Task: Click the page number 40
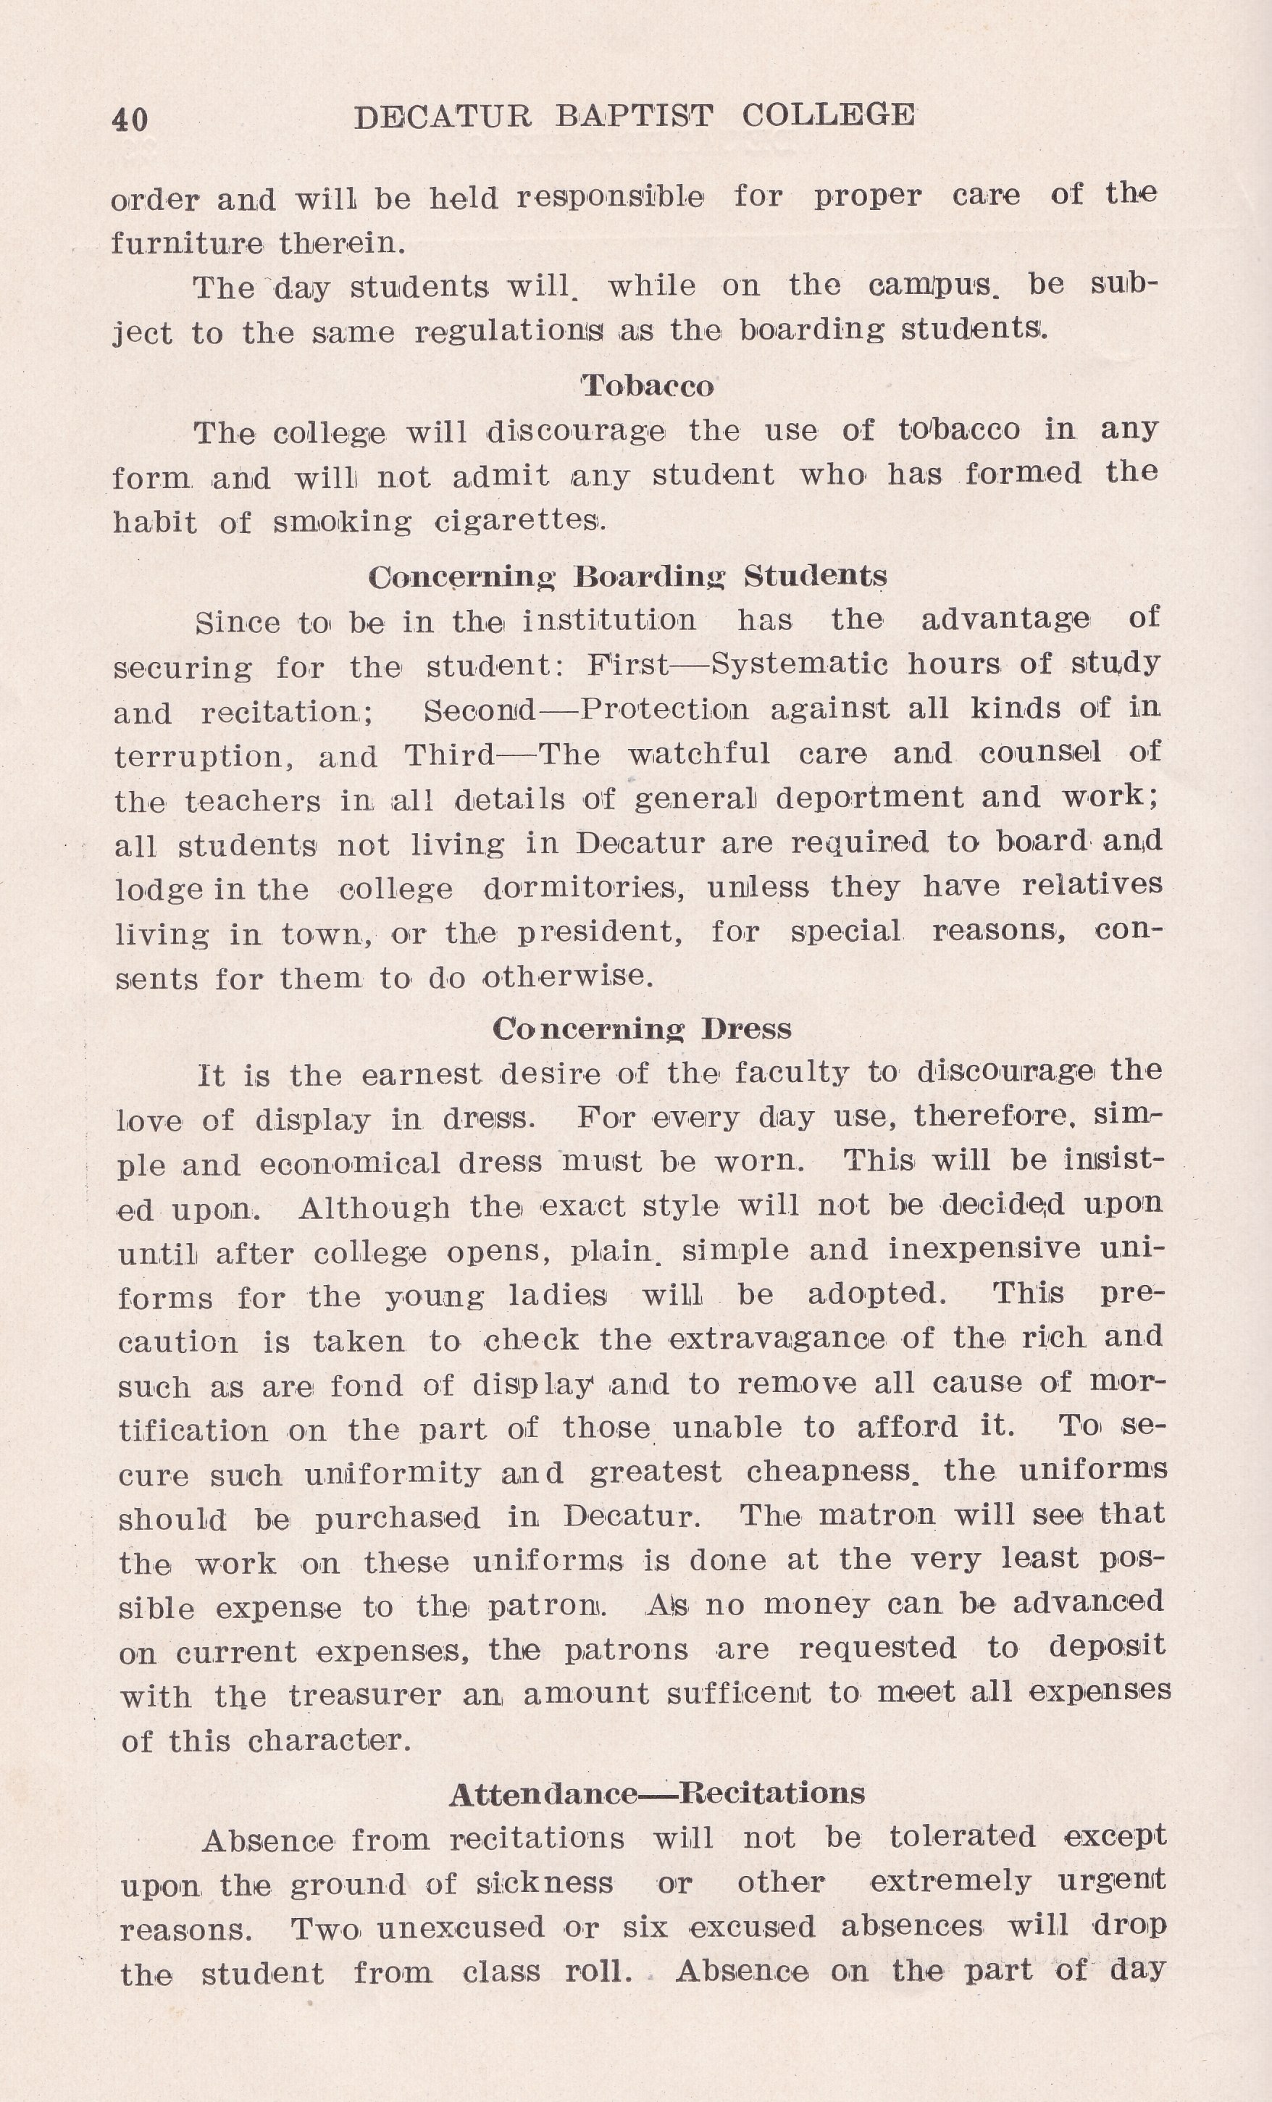pyautogui.click(x=130, y=119)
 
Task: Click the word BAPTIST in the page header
pyautogui.click(x=633, y=116)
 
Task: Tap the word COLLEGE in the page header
pyautogui.click(x=829, y=114)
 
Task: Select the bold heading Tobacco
pyautogui.click(x=648, y=387)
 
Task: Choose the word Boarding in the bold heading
pyautogui.click(x=649, y=577)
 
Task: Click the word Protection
pyautogui.click(x=664, y=709)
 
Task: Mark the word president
pyautogui.click(x=601, y=932)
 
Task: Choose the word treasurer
pyautogui.click(x=364, y=1694)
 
